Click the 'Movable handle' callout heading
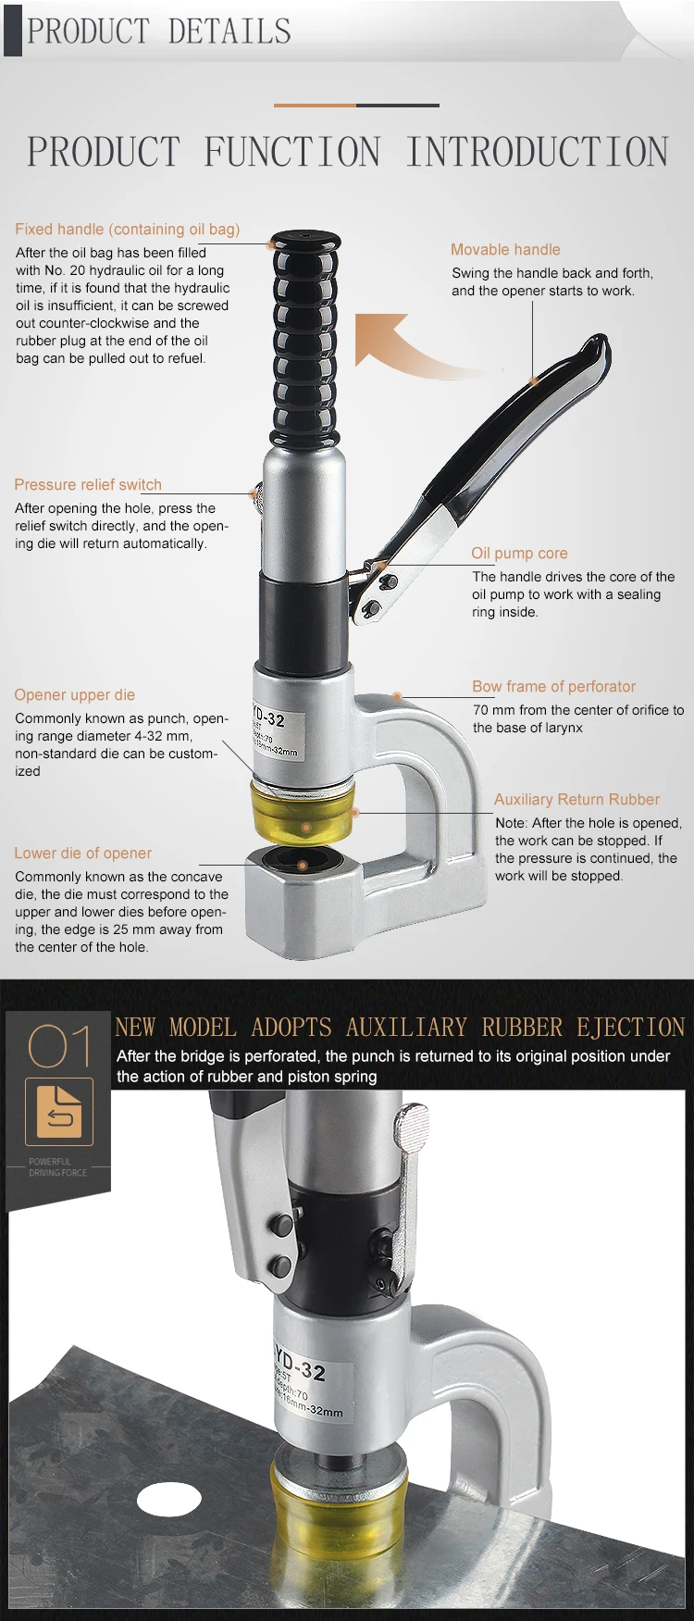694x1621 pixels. (505, 249)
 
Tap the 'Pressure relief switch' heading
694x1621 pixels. (88, 484)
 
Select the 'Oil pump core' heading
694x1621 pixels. (519, 553)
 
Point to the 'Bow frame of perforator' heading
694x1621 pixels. (553, 686)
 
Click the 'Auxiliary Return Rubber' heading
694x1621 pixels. (576, 799)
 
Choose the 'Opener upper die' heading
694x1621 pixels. (75, 694)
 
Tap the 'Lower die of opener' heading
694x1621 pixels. (83, 853)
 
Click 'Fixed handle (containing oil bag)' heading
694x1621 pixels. (128, 229)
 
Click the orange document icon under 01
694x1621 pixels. (59, 1112)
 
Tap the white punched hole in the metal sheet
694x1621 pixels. (169, 1498)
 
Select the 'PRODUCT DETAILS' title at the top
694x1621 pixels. (159, 31)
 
